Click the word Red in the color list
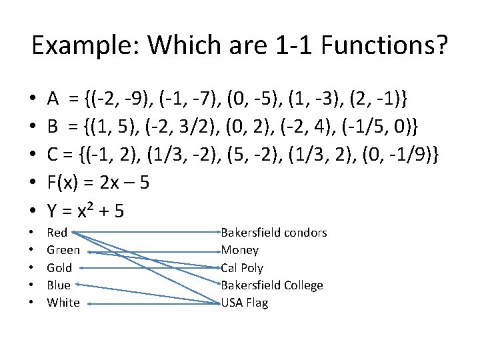click(57, 233)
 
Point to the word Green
click(63, 250)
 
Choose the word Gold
click(59, 268)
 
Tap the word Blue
click(59, 285)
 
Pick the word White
click(63, 303)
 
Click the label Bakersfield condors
click(273, 233)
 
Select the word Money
click(240, 250)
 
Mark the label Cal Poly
click(242, 268)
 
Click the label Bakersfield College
click(272, 285)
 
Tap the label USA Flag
click(245, 303)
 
